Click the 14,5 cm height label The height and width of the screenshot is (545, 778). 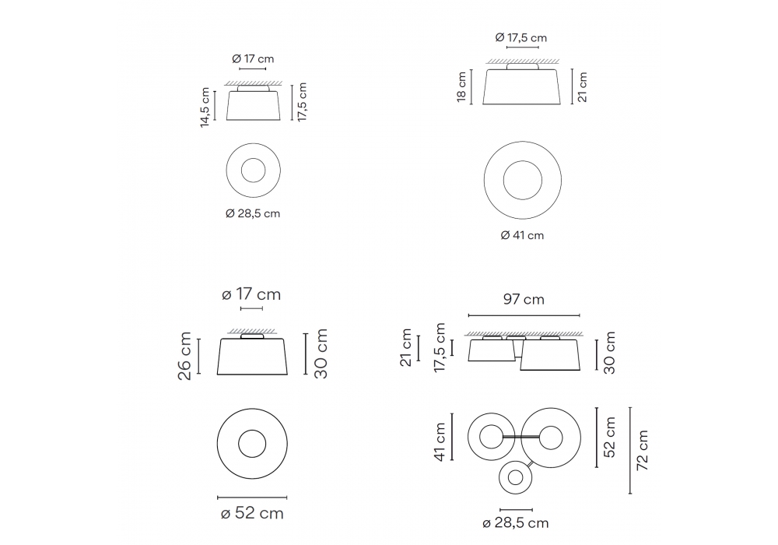[x=205, y=107]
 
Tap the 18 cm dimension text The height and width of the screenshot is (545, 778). [x=462, y=87]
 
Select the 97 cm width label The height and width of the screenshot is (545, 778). [x=524, y=299]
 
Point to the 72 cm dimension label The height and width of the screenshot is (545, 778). [x=642, y=450]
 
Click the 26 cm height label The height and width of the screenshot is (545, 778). [x=184, y=356]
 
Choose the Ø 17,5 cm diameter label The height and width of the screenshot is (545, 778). [x=521, y=37]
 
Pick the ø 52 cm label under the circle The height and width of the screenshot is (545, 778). [x=252, y=513]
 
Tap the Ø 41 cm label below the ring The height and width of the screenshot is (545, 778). [x=522, y=235]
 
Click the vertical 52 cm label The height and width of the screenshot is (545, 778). [x=610, y=438]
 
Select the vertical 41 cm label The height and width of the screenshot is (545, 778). [x=440, y=441]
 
